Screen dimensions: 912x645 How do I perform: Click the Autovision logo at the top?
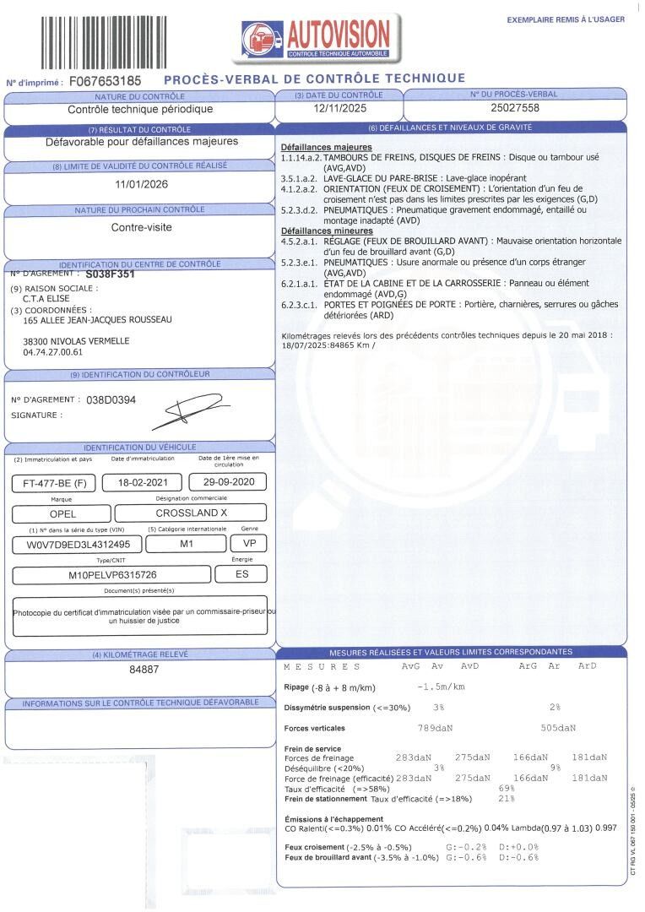[317, 39]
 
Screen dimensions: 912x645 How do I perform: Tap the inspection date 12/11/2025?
[337, 108]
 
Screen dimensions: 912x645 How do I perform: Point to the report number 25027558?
[514, 108]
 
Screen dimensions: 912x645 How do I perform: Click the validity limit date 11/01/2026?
[140, 184]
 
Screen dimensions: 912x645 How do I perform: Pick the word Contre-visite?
[140, 227]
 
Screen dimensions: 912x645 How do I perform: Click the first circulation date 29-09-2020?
[229, 483]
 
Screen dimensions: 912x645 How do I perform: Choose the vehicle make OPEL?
[62, 513]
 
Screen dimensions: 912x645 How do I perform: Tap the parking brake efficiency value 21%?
[507, 798]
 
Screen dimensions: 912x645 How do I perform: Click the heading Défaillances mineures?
[327, 231]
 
